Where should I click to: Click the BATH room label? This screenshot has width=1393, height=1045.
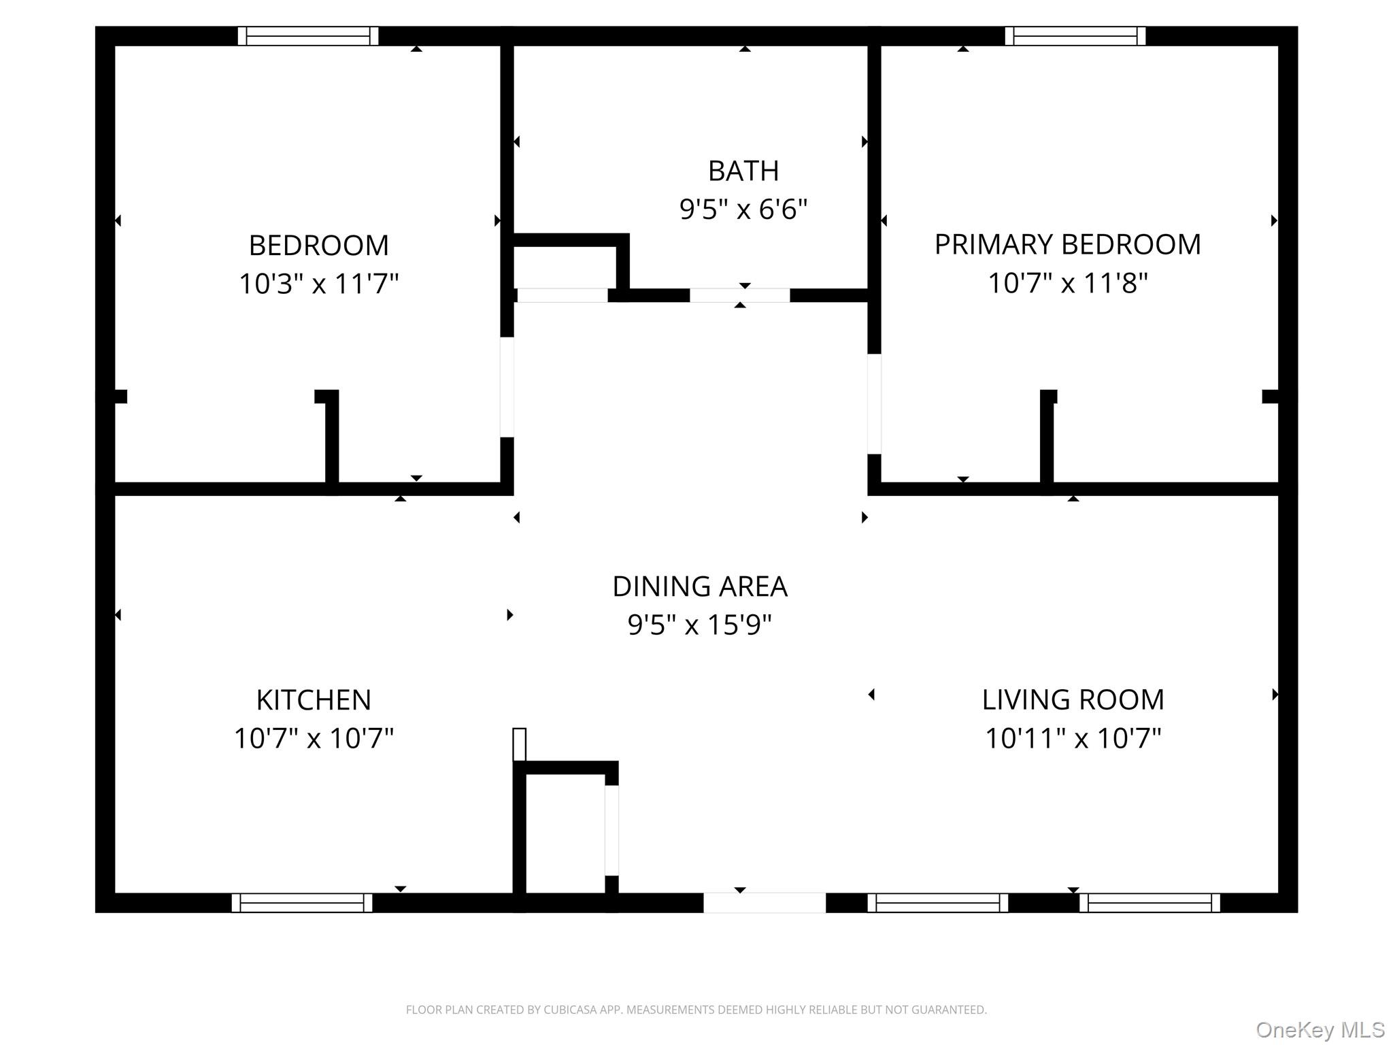(743, 171)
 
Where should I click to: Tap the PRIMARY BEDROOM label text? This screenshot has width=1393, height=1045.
(1067, 245)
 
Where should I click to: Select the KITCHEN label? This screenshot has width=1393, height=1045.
(314, 700)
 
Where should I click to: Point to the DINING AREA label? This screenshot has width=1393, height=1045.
(700, 586)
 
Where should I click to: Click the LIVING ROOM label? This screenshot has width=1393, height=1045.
(1073, 700)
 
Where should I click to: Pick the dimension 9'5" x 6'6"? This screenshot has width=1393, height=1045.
(743, 209)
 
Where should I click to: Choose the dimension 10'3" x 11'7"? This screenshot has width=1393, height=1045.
(318, 283)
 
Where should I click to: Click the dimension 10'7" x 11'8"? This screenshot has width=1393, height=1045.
(1067, 283)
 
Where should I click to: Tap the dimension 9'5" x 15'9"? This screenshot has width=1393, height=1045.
(700, 625)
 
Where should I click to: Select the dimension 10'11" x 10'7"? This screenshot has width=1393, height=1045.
(1073, 738)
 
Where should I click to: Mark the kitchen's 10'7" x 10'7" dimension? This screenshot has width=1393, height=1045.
(314, 738)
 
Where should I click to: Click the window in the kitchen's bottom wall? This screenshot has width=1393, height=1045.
(302, 903)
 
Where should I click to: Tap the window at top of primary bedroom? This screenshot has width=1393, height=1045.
(1075, 36)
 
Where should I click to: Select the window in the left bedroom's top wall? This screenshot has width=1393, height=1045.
(308, 36)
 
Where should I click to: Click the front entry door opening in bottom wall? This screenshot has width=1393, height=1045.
(764, 903)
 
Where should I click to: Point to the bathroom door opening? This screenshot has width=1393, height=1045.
(740, 295)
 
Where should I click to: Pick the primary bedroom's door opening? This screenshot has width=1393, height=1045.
(874, 403)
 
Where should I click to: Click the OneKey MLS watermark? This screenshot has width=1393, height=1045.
(1320, 1029)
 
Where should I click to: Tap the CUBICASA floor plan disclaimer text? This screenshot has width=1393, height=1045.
(696, 1010)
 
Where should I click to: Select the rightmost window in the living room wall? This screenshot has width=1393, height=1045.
(1149, 903)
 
